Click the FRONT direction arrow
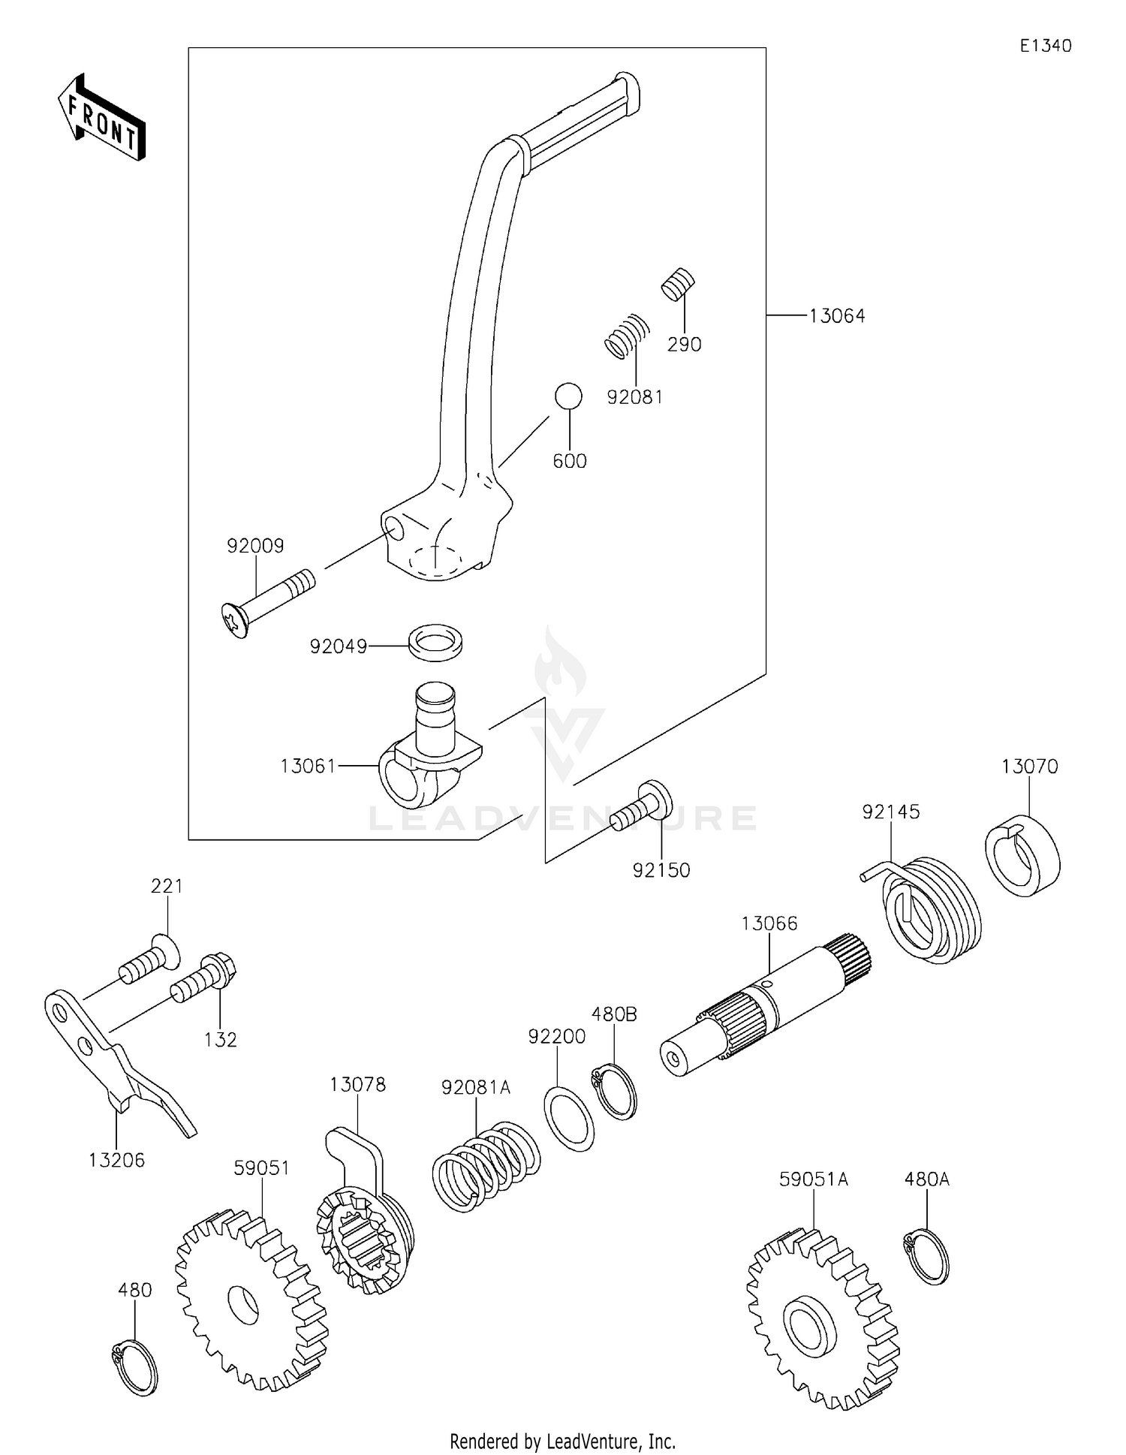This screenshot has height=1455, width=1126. [102, 119]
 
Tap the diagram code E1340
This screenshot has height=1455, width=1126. [1045, 46]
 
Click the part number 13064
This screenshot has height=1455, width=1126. [837, 316]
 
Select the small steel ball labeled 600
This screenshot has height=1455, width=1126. [568, 396]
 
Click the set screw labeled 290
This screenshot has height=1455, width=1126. [679, 284]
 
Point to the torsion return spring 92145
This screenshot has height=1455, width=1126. [931, 908]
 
